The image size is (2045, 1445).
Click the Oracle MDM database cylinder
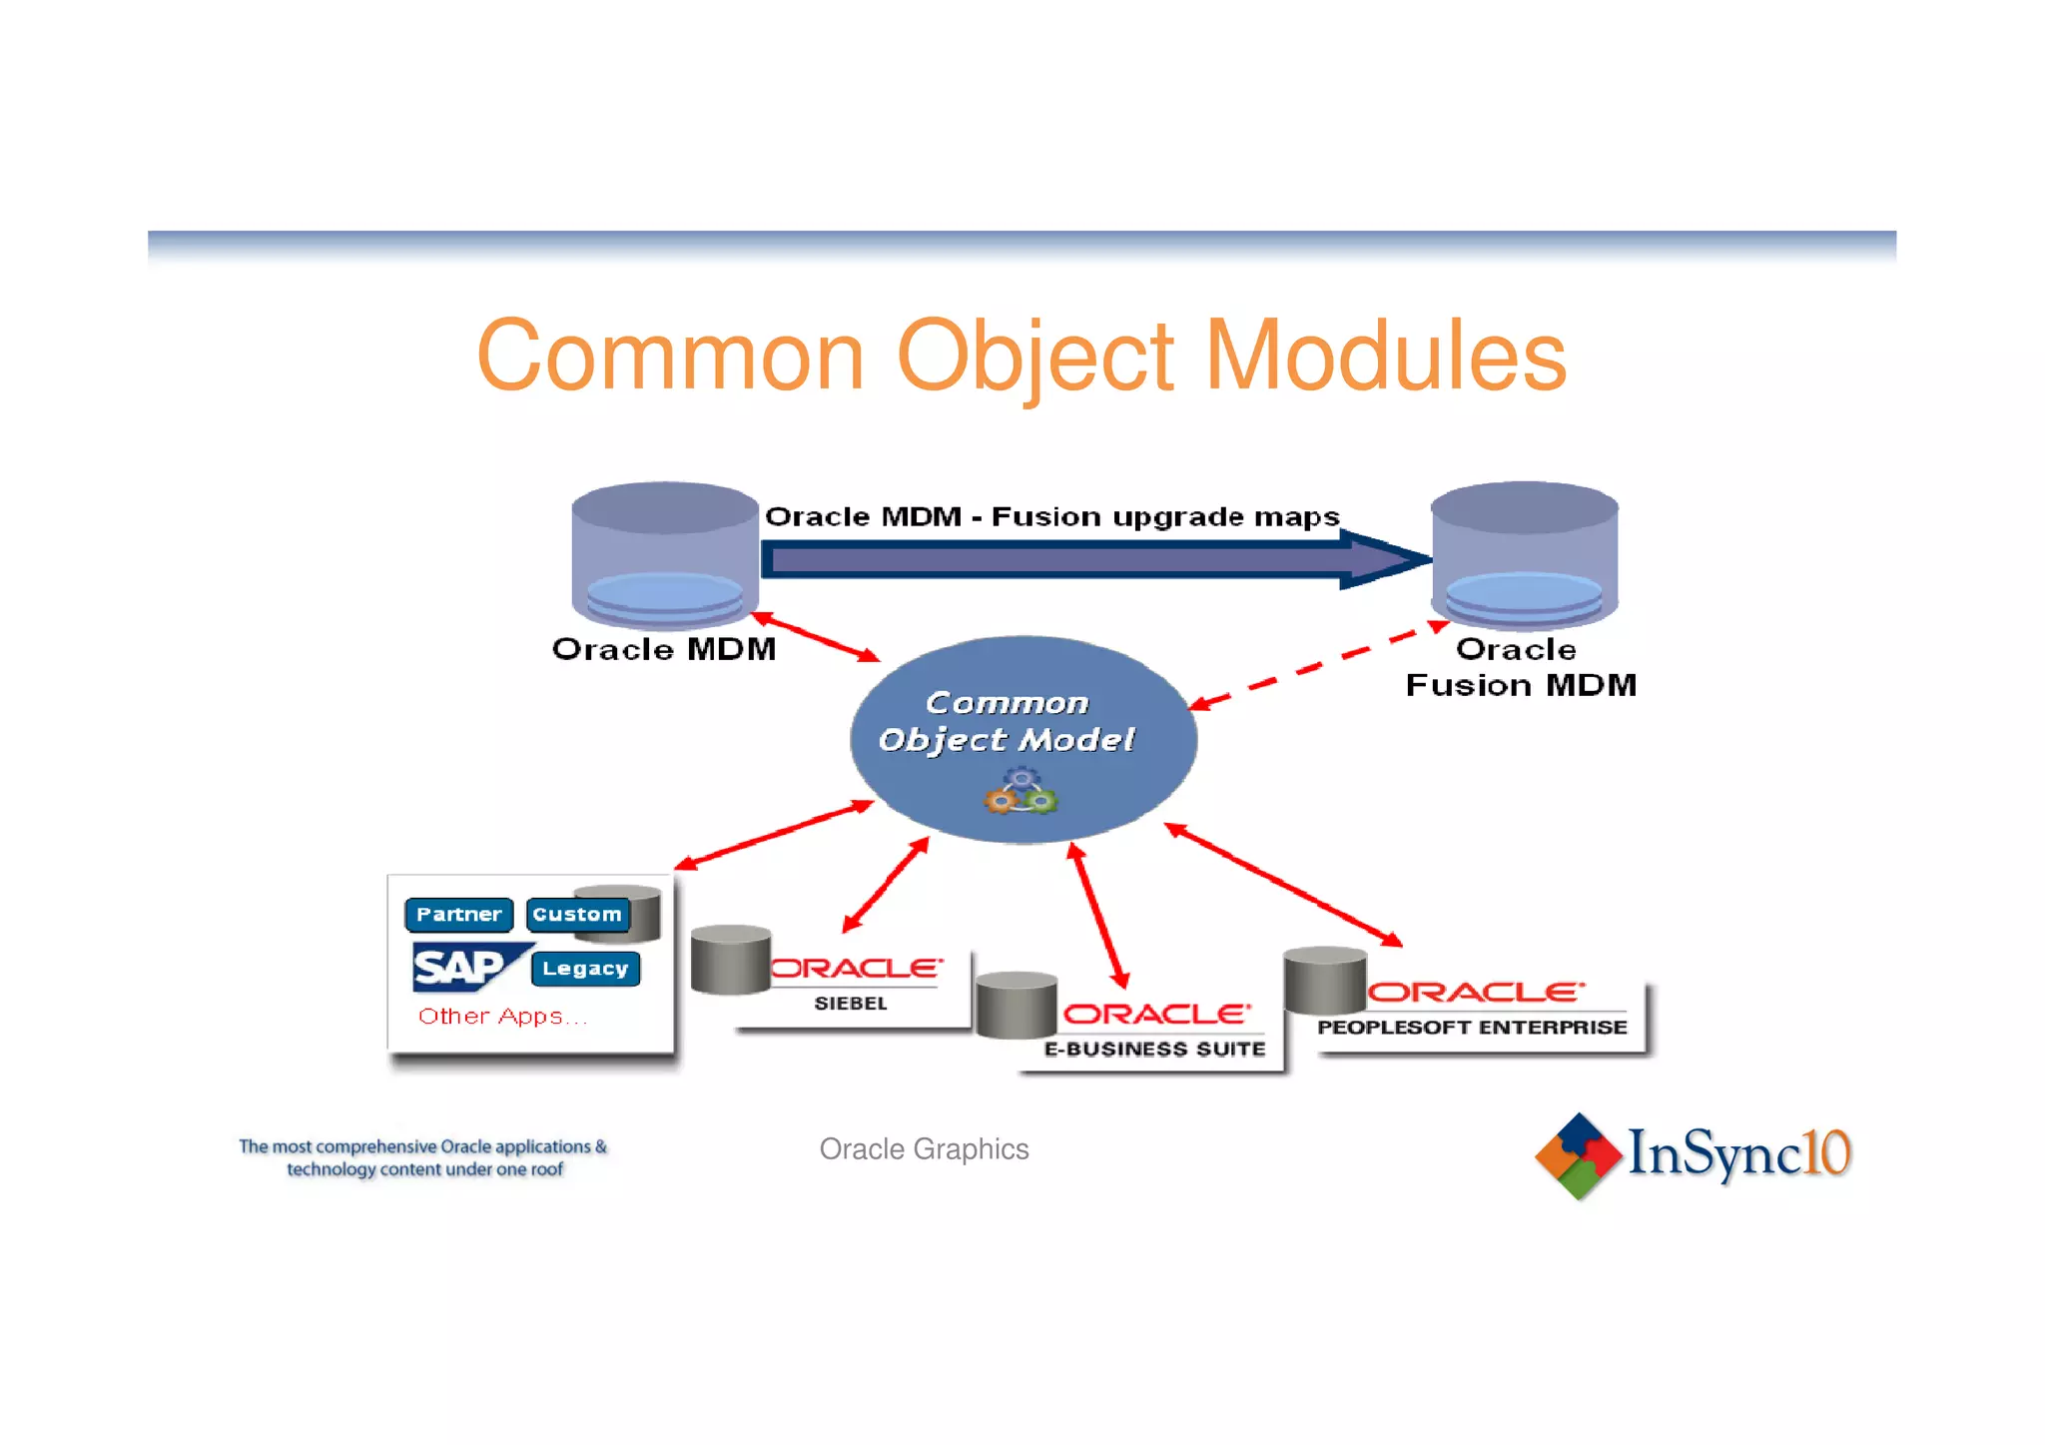point(665,554)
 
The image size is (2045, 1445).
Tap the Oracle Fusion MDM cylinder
point(1524,554)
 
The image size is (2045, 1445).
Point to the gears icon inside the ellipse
point(1021,792)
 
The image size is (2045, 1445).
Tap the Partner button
point(458,914)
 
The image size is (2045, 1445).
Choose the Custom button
point(577,914)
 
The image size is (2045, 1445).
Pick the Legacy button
point(585,969)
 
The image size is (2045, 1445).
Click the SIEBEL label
point(850,1004)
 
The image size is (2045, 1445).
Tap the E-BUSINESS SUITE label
point(1154,1049)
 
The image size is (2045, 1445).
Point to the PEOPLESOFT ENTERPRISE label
point(1471,1028)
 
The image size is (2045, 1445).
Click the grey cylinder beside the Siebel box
point(730,960)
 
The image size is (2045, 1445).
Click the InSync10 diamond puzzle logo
point(1578,1155)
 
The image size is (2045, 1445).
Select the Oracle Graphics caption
point(924,1149)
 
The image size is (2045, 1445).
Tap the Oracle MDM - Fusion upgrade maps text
point(1050,517)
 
